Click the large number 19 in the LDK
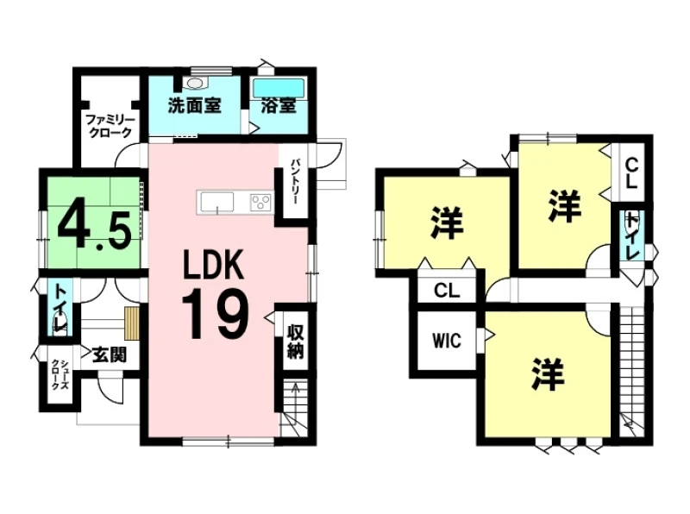point(216,314)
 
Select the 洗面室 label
point(194,105)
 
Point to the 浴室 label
point(278,105)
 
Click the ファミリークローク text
point(110,125)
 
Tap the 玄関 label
point(110,354)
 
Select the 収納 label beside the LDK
point(296,341)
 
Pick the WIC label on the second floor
point(447,341)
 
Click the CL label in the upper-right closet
point(631,174)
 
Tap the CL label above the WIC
point(447,291)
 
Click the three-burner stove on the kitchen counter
point(261,203)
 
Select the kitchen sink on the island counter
point(217,203)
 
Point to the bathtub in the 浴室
point(279,88)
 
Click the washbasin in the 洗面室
point(194,83)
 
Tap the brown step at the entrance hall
point(132,323)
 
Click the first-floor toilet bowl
point(60,323)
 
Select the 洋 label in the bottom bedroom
point(548,373)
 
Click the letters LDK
point(213,264)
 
